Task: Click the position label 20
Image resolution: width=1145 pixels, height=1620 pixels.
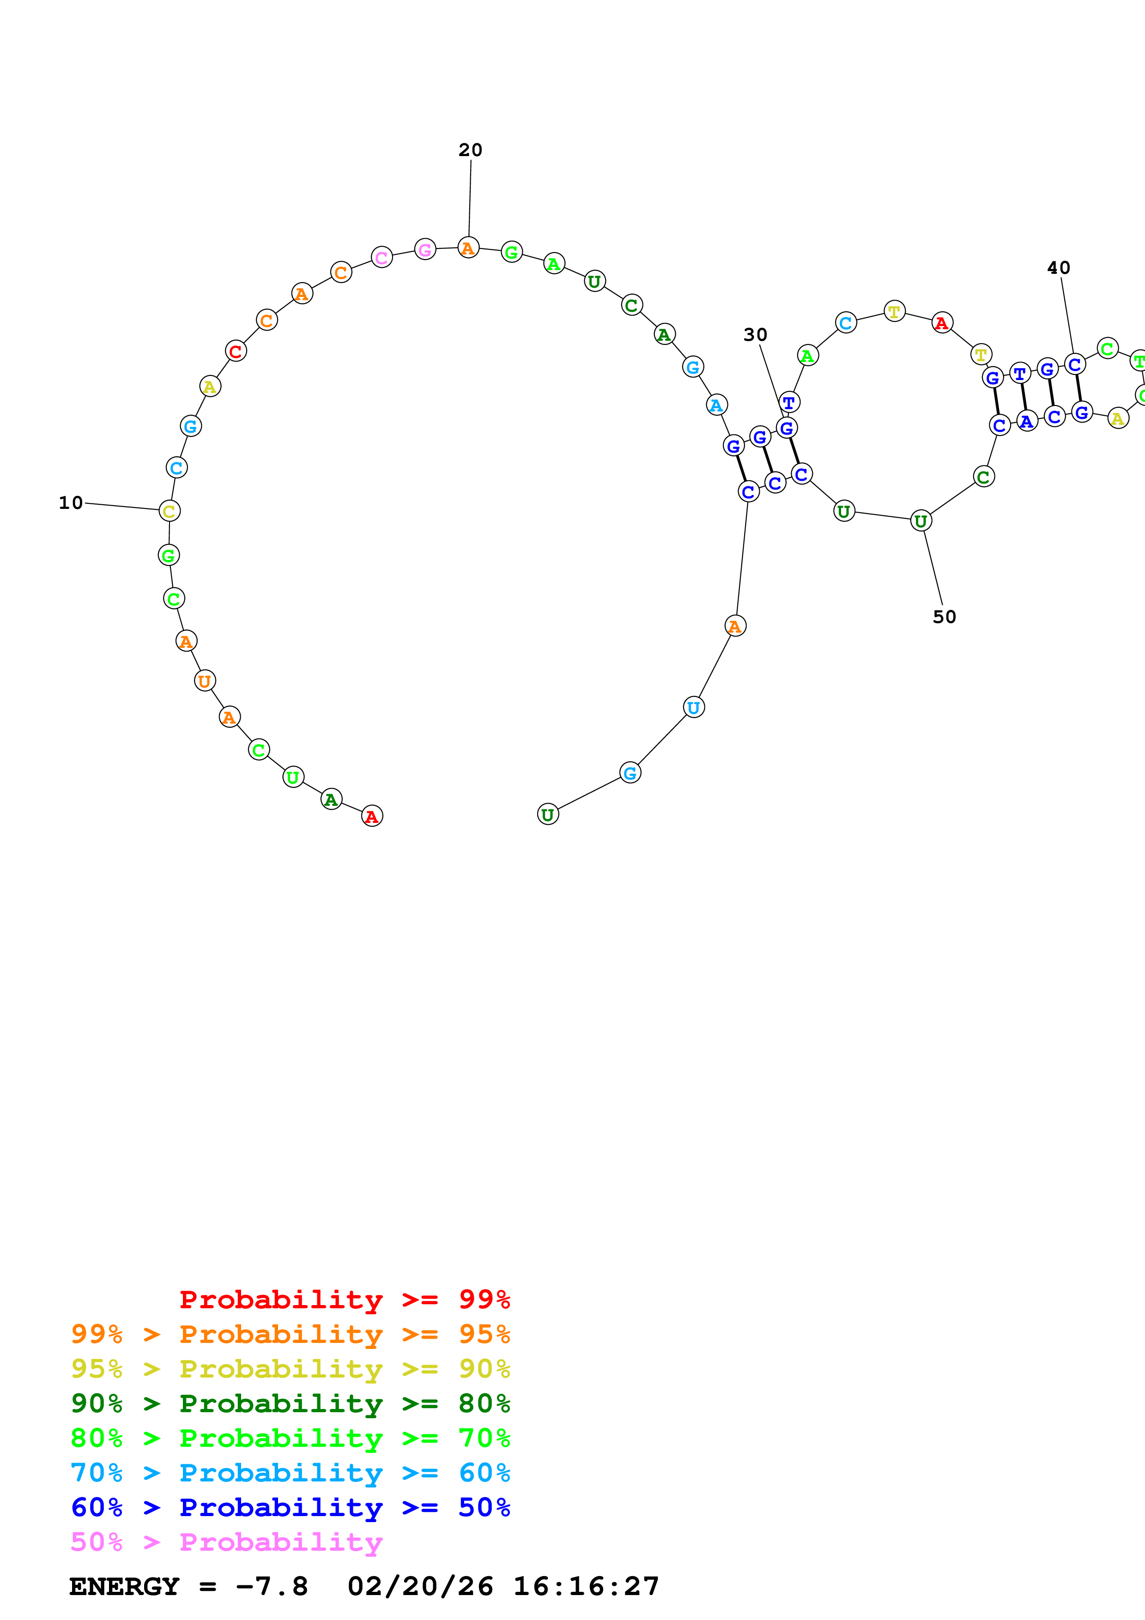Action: (x=471, y=150)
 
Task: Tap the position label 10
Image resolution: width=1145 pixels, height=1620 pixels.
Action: (x=71, y=503)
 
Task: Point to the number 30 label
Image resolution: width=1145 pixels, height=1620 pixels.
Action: (x=755, y=335)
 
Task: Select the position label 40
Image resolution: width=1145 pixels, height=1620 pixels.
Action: (x=1058, y=268)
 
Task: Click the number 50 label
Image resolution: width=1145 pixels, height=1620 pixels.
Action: (x=944, y=617)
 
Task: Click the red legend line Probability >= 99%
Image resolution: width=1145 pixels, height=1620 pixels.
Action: (x=344, y=1300)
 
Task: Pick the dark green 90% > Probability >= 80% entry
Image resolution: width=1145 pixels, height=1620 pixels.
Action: (x=290, y=1403)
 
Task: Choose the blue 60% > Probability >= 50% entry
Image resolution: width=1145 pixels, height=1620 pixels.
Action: (x=290, y=1508)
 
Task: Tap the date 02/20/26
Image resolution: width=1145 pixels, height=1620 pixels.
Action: (x=420, y=1587)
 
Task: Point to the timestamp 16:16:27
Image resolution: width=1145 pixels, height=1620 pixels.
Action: (x=586, y=1587)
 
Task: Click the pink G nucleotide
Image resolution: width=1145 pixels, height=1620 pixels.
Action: (x=425, y=250)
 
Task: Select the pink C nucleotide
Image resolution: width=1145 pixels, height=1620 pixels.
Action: (x=382, y=258)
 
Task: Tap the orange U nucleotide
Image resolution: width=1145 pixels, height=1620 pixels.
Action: (x=205, y=681)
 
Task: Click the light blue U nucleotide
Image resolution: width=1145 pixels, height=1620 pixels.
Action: (x=693, y=707)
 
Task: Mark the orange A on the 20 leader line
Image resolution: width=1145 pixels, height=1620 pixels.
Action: (x=468, y=248)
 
